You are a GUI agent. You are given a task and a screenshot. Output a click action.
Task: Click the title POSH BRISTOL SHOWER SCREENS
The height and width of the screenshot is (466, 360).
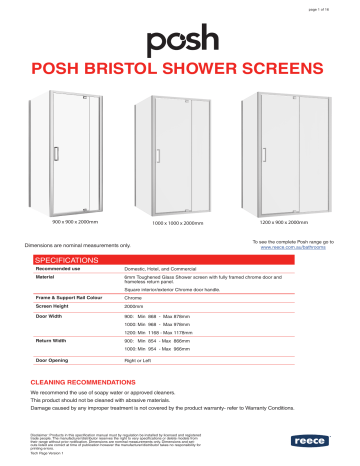tap(180, 72)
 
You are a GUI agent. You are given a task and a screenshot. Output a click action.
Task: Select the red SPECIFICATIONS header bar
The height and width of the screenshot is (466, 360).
tap(180, 259)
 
